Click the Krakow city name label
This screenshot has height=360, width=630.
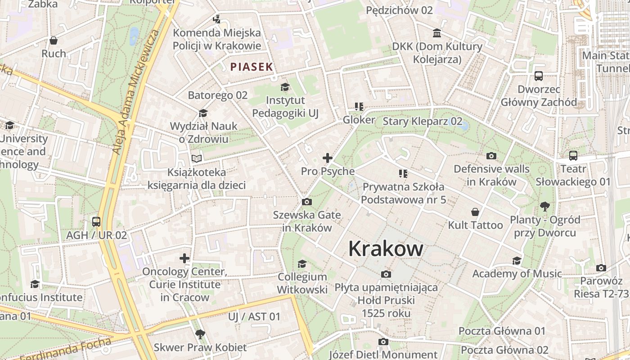pyautogui.click(x=386, y=249)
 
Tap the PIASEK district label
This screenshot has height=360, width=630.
pyautogui.click(x=252, y=67)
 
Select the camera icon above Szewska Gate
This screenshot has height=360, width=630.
pyautogui.click(x=307, y=202)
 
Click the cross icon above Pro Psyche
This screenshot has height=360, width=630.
pyautogui.click(x=328, y=158)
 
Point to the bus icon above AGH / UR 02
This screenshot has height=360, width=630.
pyautogui.click(x=96, y=221)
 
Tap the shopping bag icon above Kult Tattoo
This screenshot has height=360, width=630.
pyautogui.click(x=475, y=211)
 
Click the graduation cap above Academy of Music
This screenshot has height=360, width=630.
pyautogui.click(x=517, y=261)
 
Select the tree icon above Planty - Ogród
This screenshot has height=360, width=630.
pyautogui.click(x=544, y=207)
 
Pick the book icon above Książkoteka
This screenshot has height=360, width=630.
pyautogui.click(x=197, y=158)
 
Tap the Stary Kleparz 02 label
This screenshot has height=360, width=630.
pyautogui.click(x=422, y=121)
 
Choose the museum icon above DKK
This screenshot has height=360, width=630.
pyautogui.click(x=436, y=33)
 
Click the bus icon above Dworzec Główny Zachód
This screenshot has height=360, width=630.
pyautogui.click(x=539, y=76)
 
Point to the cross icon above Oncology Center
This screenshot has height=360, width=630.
pyautogui.click(x=184, y=258)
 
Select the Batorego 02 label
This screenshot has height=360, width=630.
pyautogui.click(x=217, y=95)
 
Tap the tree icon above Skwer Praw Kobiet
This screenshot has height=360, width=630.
pyautogui.click(x=200, y=334)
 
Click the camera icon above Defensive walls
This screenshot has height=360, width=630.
pyautogui.click(x=491, y=156)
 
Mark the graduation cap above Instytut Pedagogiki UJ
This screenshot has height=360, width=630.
pyautogui.click(x=285, y=86)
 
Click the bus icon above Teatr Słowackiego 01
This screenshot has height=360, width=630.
pyautogui.click(x=573, y=156)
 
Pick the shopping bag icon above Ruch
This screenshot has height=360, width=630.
pyautogui.click(x=54, y=40)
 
